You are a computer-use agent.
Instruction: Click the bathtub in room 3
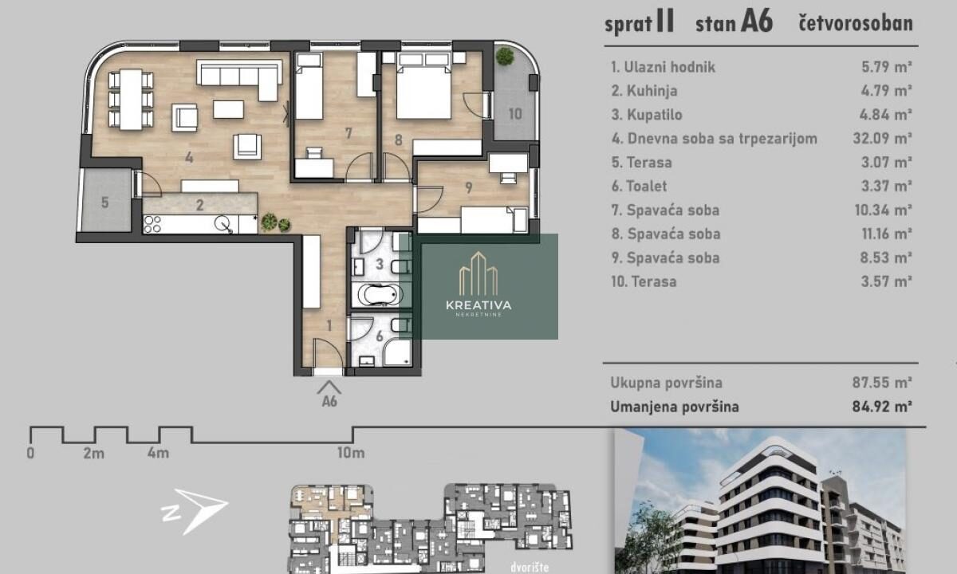click(x=380, y=295)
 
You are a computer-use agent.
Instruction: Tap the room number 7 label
click(x=349, y=133)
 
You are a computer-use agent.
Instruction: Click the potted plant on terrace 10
click(x=505, y=56)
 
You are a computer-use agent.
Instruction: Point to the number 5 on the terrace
click(x=105, y=202)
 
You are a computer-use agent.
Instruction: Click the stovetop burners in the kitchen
click(x=152, y=225)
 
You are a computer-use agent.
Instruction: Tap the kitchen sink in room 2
click(x=223, y=225)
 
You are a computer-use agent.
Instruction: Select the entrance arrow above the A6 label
click(x=329, y=387)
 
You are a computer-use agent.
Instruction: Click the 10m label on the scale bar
click(x=351, y=453)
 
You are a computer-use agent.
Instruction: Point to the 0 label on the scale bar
click(x=30, y=453)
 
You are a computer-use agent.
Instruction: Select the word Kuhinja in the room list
click(x=652, y=91)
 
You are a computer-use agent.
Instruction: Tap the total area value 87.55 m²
click(x=882, y=382)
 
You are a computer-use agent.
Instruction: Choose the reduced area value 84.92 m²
click(x=882, y=406)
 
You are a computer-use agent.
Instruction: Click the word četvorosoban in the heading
click(x=856, y=23)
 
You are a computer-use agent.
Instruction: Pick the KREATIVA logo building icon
click(x=478, y=273)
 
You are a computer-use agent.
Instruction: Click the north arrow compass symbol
click(x=195, y=511)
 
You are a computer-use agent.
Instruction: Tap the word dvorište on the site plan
click(x=530, y=567)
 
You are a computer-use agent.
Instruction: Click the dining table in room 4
click(x=131, y=100)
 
